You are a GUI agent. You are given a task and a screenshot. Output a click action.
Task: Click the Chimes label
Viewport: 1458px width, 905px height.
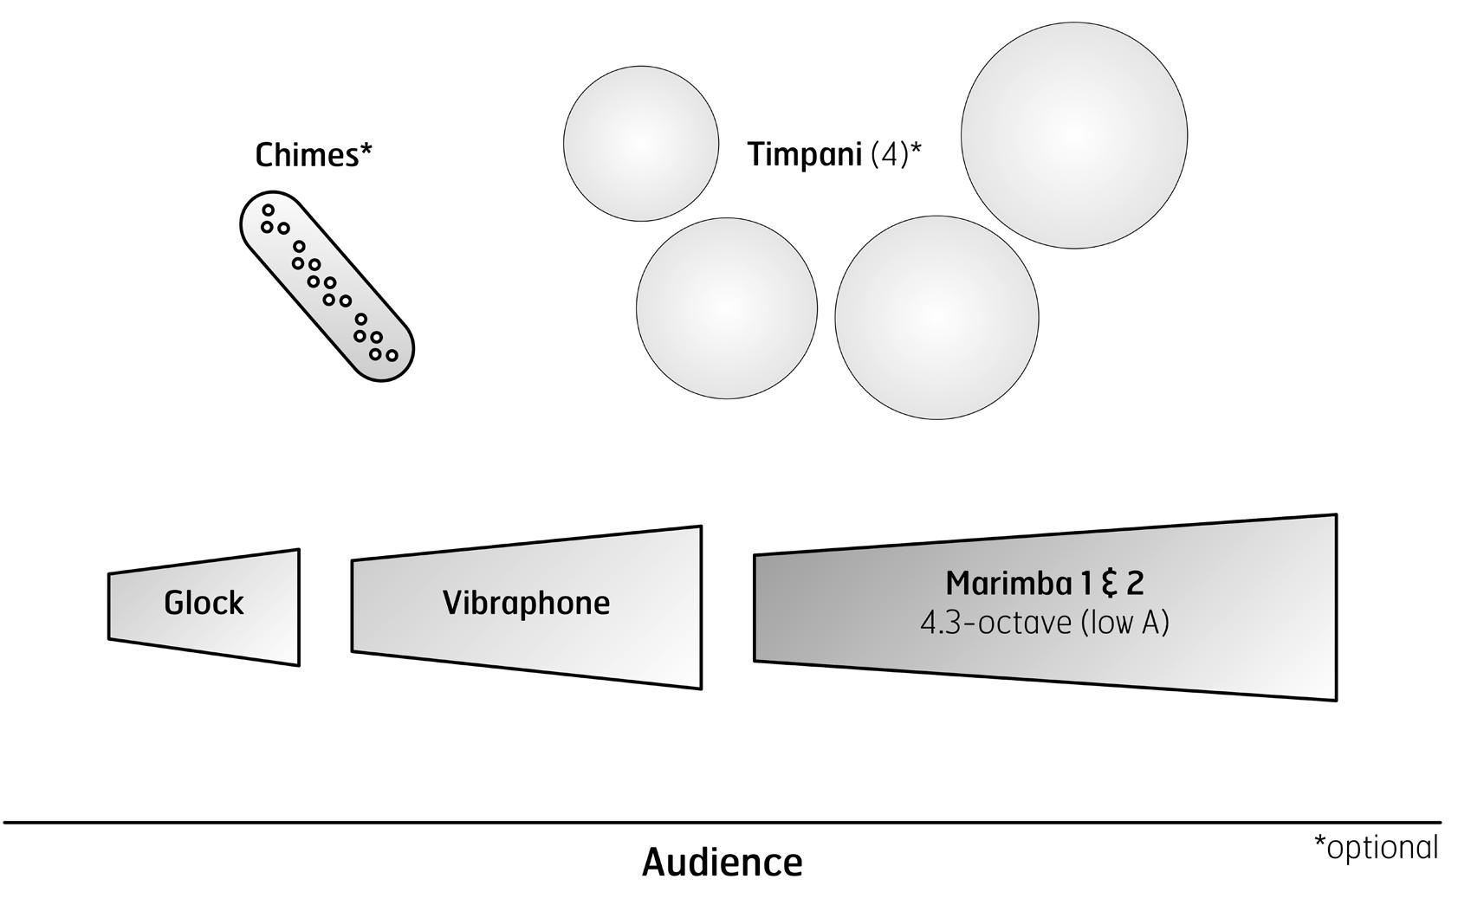314,156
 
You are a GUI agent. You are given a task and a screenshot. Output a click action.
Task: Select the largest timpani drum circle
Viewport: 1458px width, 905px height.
1074,135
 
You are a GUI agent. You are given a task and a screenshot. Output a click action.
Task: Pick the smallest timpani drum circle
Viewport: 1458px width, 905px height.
641,144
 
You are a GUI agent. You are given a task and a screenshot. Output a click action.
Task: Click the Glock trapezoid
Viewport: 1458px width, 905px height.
204,607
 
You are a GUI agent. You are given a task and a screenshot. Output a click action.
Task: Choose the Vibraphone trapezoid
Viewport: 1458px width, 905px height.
527,607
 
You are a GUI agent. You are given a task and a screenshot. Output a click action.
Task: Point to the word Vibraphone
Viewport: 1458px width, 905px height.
527,603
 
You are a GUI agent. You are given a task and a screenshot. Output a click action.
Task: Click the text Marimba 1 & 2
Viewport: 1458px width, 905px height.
1045,584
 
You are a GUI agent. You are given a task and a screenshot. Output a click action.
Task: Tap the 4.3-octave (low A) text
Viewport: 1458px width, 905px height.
1045,624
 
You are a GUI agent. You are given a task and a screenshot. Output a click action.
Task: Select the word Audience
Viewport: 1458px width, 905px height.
723,863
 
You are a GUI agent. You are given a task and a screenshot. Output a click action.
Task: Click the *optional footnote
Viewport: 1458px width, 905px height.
1376,848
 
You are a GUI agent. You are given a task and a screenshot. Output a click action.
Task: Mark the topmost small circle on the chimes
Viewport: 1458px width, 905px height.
269,210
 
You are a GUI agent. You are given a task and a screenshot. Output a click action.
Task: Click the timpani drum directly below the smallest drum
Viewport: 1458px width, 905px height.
726,308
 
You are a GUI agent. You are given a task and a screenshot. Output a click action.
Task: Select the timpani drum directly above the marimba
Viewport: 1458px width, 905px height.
936,318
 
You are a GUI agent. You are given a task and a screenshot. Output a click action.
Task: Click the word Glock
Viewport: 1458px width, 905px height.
204,603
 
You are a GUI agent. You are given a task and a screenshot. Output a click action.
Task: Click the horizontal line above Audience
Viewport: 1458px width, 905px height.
723,823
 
